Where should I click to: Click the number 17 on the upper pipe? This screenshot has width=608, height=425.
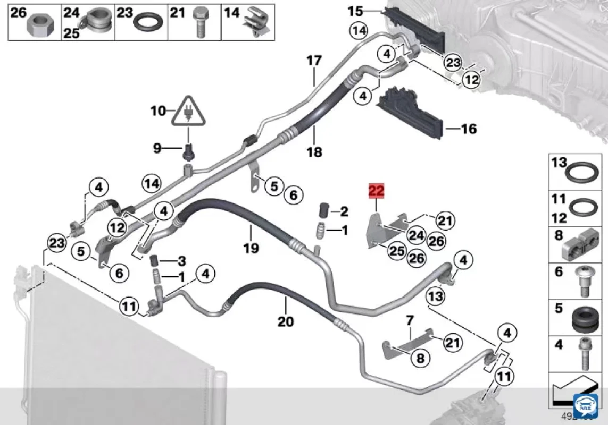[314, 61]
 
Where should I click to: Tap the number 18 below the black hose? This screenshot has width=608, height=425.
[314, 152]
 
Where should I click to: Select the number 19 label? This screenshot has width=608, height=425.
[251, 247]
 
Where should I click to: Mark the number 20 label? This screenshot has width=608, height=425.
[286, 322]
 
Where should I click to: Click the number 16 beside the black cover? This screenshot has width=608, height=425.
[469, 129]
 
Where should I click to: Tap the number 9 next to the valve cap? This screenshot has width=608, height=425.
[157, 148]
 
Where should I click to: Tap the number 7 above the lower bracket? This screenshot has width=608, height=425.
[410, 320]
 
